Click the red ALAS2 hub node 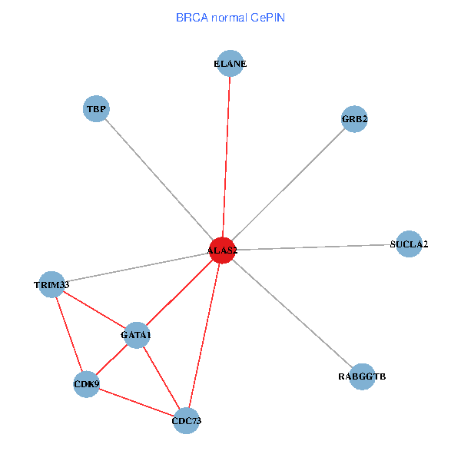(223, 250)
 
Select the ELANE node (230, 64)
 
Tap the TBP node (96, 109)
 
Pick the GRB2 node (354, 119)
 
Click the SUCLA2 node (409, 244)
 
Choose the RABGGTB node (362, 376)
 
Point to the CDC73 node (187, 420)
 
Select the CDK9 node (86, 383)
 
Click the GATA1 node (136, 335)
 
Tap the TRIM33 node (51, 285)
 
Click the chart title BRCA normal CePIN (230, 17)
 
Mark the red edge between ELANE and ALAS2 (227, 154)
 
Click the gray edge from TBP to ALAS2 (158, 177)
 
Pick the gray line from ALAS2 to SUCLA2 (315, 247)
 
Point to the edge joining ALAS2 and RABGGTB (292, 313)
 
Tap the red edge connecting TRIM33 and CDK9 (68, 333)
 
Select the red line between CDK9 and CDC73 (136, 402)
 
